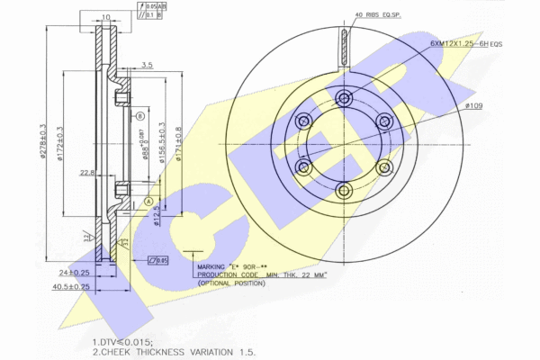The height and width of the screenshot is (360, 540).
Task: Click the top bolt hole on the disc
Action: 344,99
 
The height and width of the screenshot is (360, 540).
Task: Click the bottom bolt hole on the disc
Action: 344,189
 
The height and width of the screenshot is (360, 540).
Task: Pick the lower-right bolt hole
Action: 382,166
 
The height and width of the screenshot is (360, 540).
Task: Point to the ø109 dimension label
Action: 473,106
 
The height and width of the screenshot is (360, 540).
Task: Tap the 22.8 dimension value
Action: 88,174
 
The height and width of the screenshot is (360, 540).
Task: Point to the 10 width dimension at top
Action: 106,16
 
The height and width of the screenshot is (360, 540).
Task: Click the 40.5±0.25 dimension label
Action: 69,287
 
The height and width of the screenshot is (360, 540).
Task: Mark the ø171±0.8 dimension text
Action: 179,143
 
